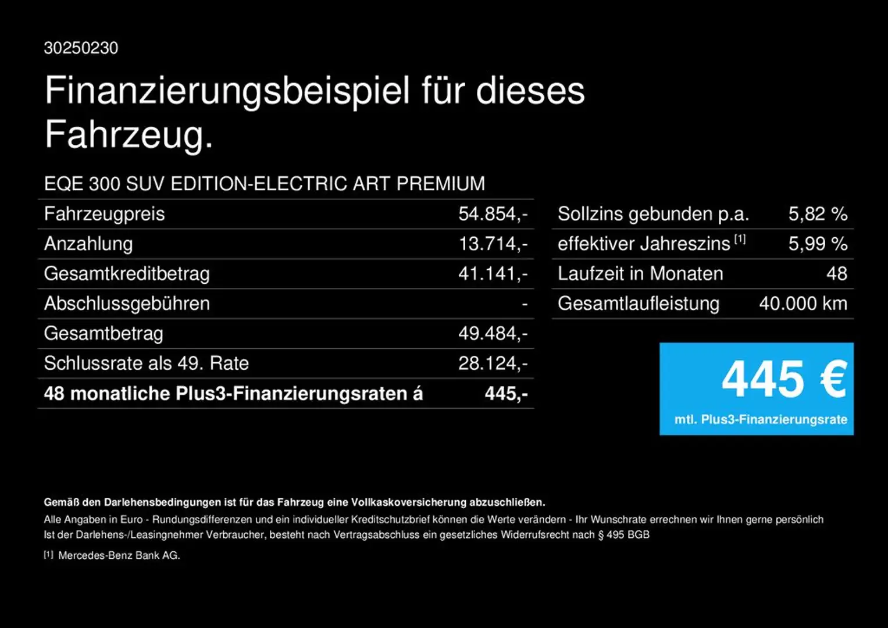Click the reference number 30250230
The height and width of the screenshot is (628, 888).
81,48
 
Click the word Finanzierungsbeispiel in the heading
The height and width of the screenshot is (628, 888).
227,91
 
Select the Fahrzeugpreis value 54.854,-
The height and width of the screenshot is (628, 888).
493,214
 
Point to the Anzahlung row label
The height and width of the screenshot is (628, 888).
88,244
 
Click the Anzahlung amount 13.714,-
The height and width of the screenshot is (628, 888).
493,244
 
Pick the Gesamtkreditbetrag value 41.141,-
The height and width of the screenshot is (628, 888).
493,274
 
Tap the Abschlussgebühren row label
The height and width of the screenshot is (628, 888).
127,304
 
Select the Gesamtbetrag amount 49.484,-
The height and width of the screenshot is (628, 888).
493,334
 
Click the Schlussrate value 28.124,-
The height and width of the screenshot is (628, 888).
493,363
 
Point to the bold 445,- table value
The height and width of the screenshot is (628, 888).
506,394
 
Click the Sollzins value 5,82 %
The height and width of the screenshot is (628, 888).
818,214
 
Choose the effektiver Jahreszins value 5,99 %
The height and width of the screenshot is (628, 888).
818,244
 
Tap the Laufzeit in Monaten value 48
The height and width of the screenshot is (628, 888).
837,274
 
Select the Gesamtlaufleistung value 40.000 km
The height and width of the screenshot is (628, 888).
803,304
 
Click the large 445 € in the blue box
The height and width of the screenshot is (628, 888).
783,379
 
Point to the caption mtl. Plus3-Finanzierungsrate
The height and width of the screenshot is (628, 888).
761,419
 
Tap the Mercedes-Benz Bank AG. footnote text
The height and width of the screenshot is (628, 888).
119,555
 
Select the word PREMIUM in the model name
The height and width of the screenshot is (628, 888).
441,184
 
